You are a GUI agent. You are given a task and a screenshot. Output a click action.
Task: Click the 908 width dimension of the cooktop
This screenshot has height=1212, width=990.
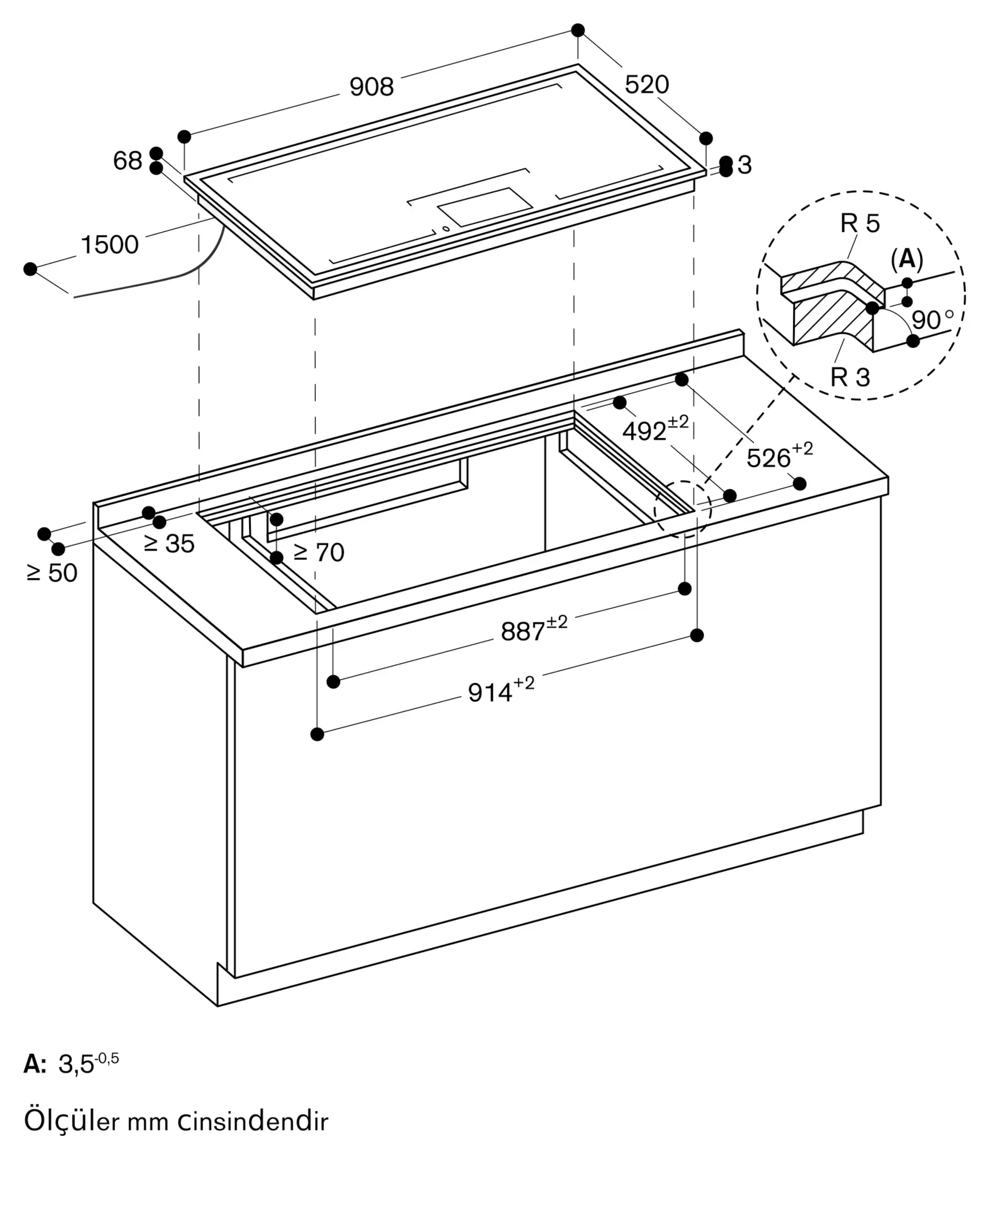click(372, 87)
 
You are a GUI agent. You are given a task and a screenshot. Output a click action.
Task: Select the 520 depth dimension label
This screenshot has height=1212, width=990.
click(647, 84)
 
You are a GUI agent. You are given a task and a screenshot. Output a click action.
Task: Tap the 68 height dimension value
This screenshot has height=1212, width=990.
click(127, 161)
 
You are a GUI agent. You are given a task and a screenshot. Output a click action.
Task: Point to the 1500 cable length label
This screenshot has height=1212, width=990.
click(110, 245)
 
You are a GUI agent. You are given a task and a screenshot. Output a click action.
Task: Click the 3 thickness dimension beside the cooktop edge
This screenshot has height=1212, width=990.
click(745, 165)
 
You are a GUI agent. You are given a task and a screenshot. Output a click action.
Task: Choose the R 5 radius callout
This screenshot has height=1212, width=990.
click(860, 224)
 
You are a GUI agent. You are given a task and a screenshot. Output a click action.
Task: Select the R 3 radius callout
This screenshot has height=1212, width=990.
click(850, 377)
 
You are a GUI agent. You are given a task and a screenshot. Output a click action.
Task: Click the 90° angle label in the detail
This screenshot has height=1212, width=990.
click(933, 319)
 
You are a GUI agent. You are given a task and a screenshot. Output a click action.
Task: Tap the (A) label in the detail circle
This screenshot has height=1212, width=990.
click(907, 259)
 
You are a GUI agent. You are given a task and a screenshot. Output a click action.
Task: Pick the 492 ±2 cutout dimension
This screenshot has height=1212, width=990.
click(655, 429)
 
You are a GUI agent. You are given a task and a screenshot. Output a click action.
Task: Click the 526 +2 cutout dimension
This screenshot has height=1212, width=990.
click(779, 456)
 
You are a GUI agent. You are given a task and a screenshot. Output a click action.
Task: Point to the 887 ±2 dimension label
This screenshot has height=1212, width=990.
click(533, 630)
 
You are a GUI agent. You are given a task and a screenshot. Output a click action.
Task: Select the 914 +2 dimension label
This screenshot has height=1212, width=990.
click(501, 690)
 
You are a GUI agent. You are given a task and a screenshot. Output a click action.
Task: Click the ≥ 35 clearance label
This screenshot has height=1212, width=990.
click(169, 544)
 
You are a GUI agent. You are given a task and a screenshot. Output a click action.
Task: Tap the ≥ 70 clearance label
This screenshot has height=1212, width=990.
click(318, 552)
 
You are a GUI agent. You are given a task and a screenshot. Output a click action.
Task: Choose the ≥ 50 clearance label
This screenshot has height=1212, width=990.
click(52, 573)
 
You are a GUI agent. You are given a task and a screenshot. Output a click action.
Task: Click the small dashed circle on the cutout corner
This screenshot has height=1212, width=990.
click(683, 508)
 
